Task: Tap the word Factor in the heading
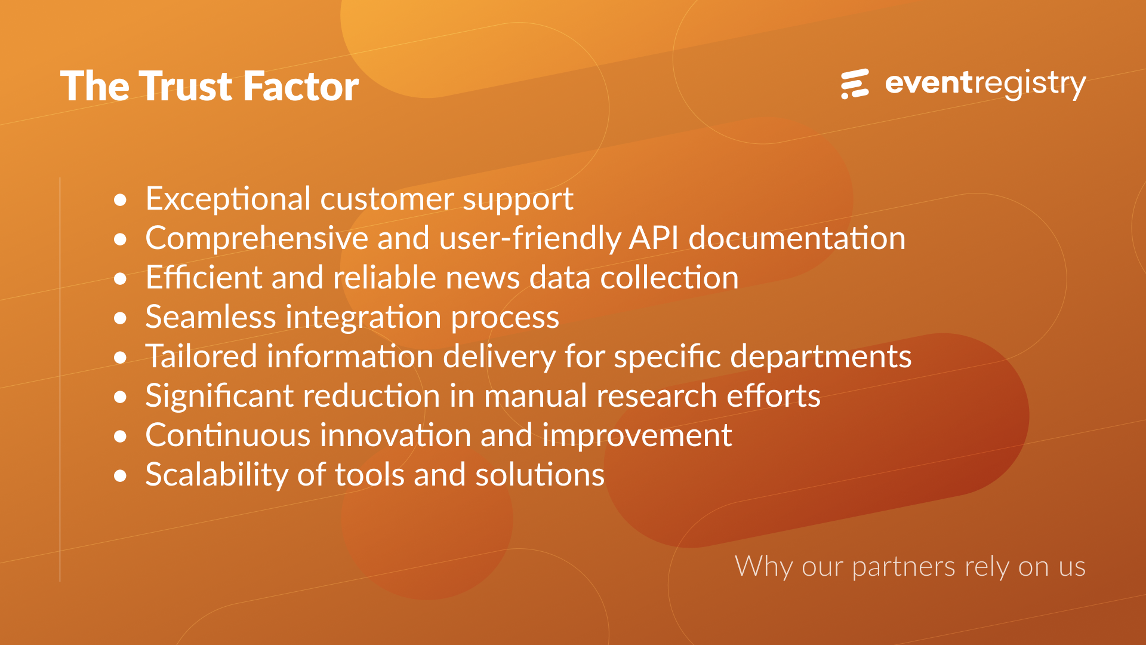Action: [301, 86]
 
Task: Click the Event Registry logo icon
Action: [855, 84]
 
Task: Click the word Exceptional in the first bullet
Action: [228, 199]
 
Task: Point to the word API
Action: [654, 238]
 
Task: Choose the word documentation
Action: [797, 238]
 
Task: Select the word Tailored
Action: [201, 356]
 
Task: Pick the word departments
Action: [821, 357]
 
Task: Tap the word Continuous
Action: [228, 435]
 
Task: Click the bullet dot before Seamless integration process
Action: [121, 318]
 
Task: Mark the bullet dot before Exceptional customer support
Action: [121, 200]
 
